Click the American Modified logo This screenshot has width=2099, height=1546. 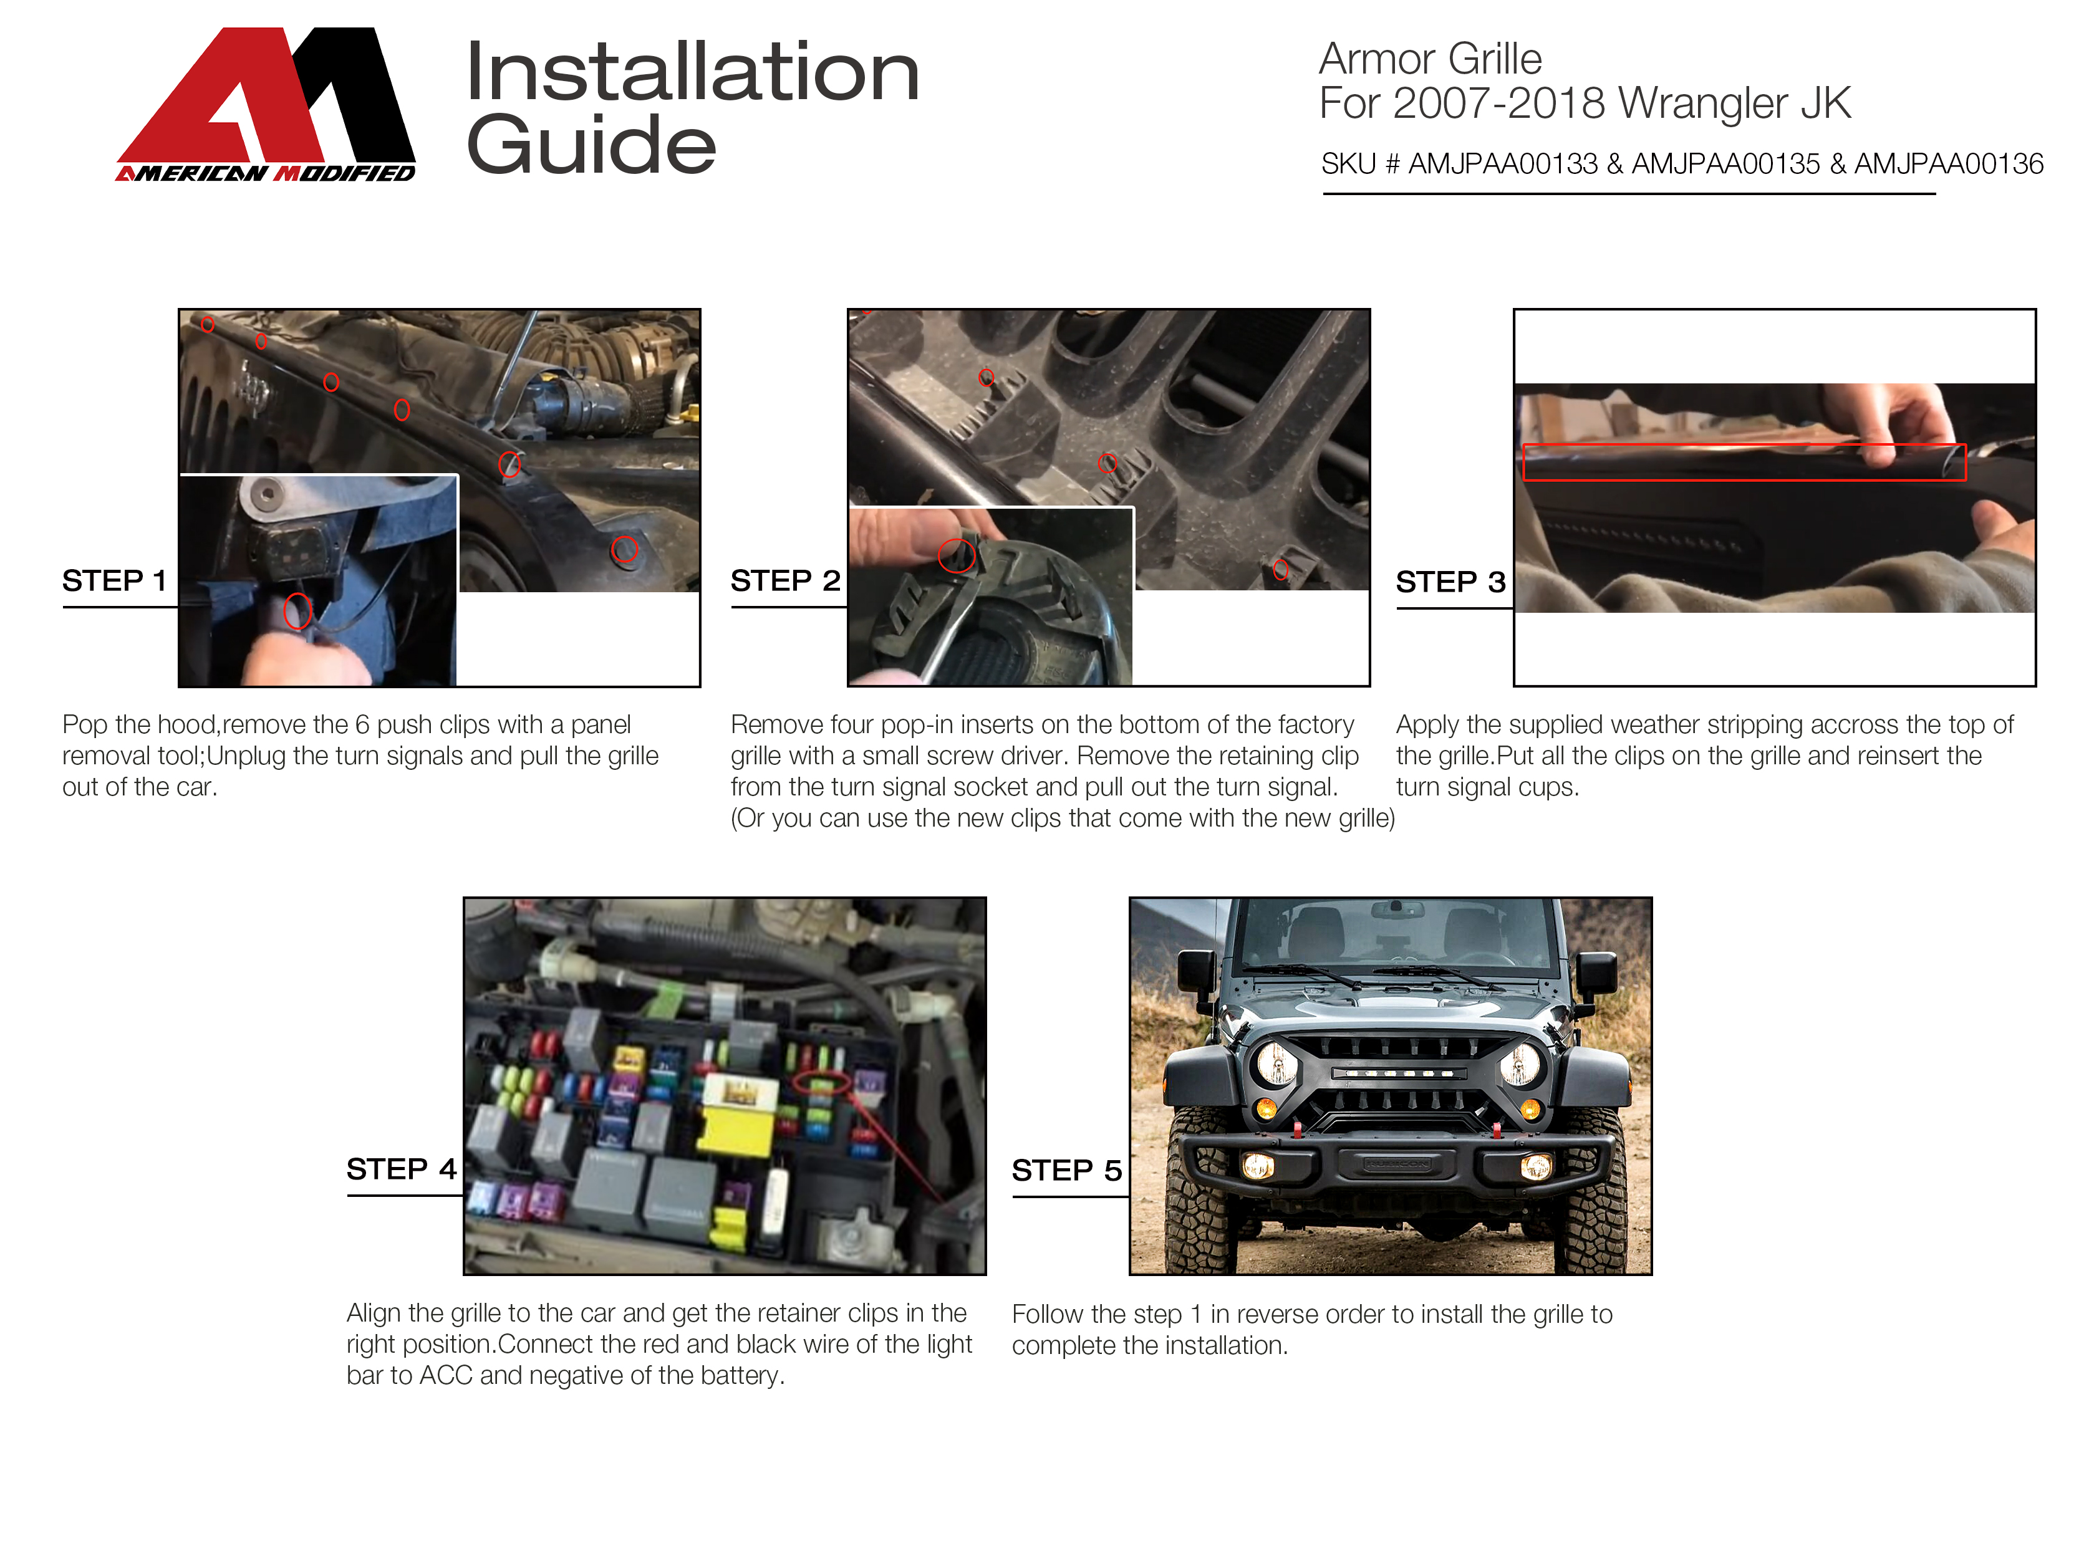266,104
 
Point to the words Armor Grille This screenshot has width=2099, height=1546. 1430,59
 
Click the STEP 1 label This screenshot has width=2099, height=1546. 114,581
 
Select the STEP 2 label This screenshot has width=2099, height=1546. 784,581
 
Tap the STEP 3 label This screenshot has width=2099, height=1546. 1450,582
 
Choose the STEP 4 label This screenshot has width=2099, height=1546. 401,1169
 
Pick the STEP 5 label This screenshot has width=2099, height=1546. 1066,1170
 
